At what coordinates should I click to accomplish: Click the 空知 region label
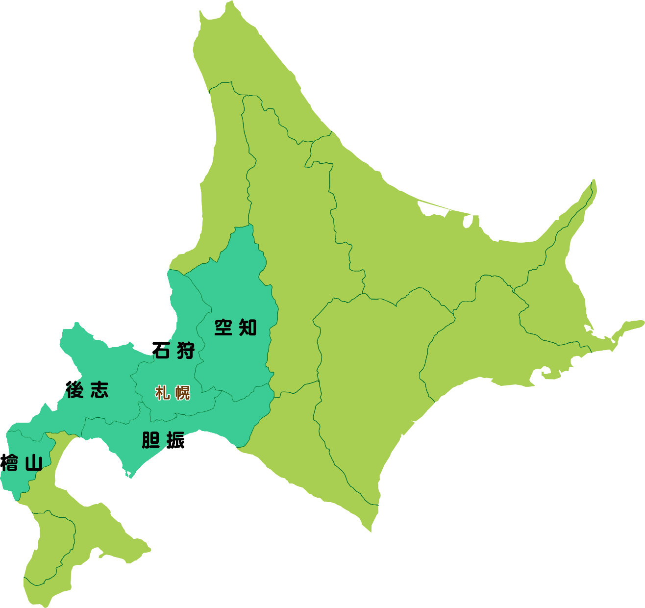click(236, 327)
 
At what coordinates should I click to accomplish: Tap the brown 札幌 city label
click(173, 393)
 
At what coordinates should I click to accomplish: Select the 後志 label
click(87, 390)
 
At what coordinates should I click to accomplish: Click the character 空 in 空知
click(223, 327)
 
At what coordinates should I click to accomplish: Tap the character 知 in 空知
click(248, 327)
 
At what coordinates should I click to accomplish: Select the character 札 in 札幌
click(162, 393)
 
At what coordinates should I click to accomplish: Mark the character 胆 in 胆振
click(151, 440)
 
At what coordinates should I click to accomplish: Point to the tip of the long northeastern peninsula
click(594, 181)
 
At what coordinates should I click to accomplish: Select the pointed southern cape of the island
click(371, 530)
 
